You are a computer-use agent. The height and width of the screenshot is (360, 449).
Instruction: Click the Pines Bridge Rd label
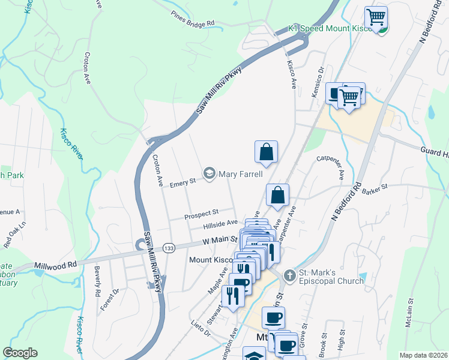tap(192, 19)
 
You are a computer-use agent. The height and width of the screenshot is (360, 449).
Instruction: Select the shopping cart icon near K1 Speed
tap(376, 17)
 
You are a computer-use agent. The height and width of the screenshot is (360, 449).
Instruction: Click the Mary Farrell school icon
tap(209, 174)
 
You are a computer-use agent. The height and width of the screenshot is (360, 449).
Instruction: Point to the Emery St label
tap(183, 181)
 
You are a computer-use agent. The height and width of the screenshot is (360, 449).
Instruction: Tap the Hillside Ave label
tap(220, 224)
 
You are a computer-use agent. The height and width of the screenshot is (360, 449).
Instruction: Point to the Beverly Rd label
tap(97, 285)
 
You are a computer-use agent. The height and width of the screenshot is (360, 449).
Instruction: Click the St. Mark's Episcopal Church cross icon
tap(289, 275)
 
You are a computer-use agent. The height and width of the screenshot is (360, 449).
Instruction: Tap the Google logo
tap(20, 353)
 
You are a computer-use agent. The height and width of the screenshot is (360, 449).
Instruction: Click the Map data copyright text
tap(423, 355)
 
